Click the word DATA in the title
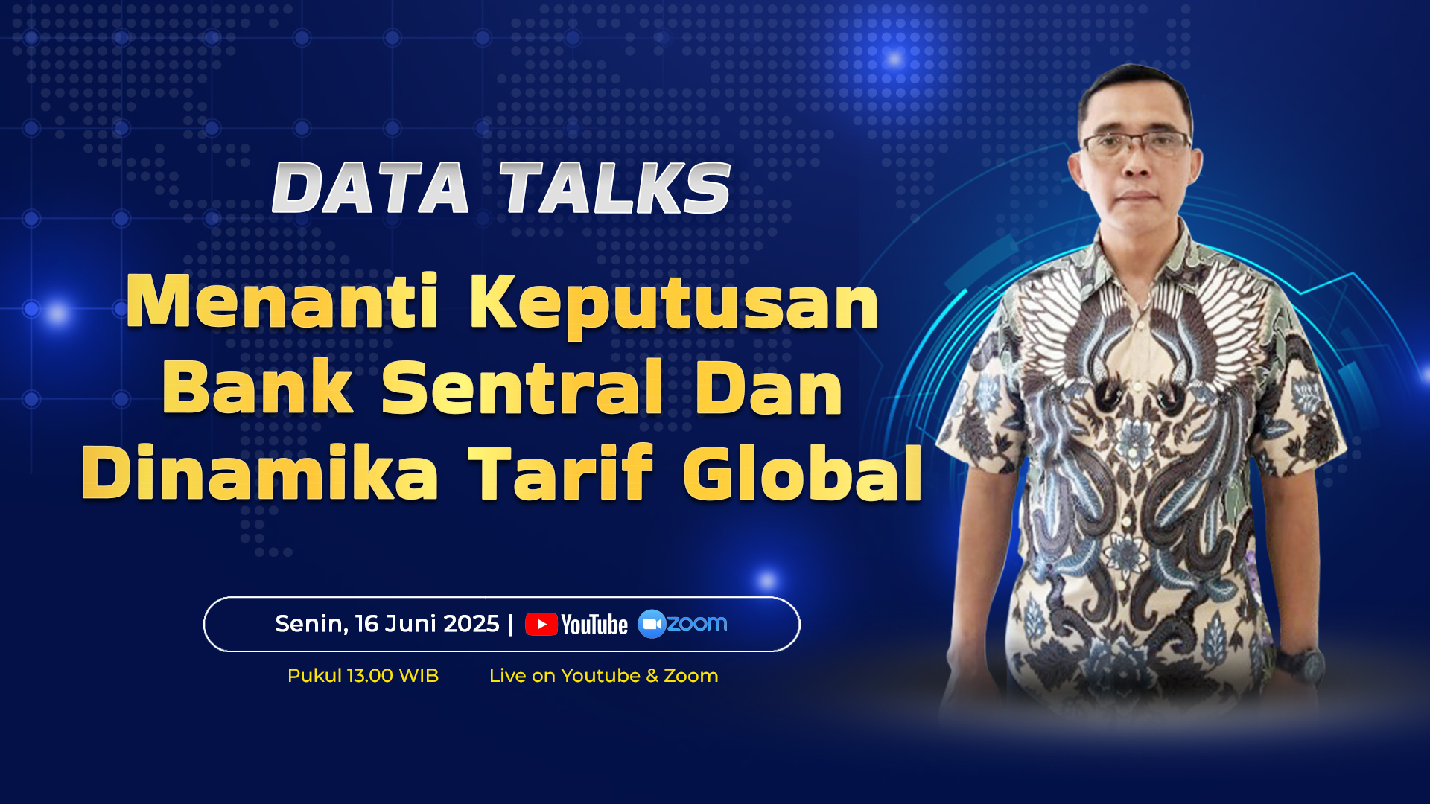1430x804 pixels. click(370, 188)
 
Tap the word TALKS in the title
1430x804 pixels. click(615, 188)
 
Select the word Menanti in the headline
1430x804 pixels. click(282, 301)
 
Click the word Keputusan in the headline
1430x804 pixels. click(674, 305)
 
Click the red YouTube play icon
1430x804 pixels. click(541, 624)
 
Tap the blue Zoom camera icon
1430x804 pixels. click(652, 624)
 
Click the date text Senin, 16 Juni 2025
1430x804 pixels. click(387, 624)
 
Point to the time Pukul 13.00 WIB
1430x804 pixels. click(363, 676)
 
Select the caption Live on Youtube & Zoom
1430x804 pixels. click(603, 676)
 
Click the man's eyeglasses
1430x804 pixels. click(1137, 143)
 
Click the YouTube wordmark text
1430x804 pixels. click(594, 625)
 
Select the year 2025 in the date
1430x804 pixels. click(470, 624)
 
